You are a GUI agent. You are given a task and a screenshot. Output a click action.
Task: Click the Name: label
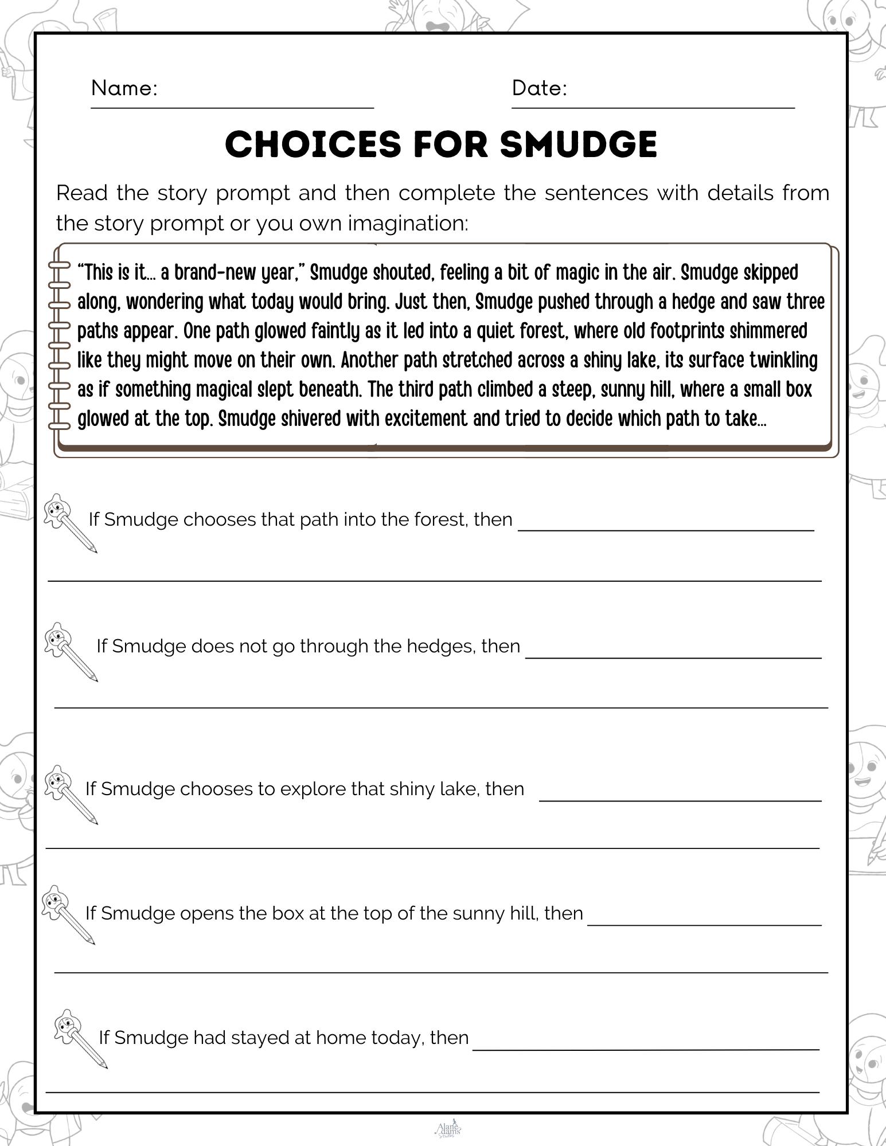click(124, 88)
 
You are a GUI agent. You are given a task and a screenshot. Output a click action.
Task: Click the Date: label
click(539, 88)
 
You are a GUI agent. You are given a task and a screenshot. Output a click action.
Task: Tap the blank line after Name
click(232, 106)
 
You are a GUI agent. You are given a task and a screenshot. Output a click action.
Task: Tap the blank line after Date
click(653, 106)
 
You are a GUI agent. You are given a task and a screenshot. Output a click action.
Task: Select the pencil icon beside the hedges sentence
click(71, 651)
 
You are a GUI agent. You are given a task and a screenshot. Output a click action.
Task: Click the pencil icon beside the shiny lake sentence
click(71, 793)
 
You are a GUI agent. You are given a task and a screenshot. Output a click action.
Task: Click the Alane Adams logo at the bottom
click(448, 1129)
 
